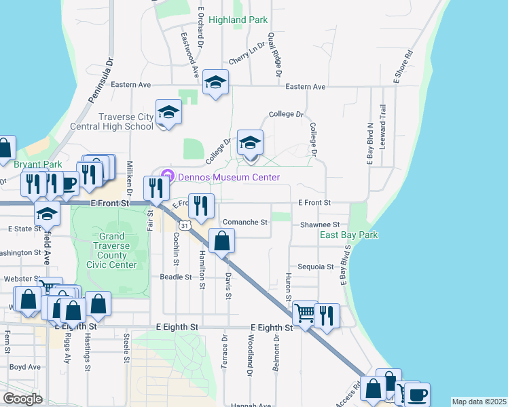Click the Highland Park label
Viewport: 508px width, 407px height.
point(238,20)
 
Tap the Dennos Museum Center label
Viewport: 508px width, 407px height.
point(229,177)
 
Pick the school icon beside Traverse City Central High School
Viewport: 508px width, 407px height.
point(168,113)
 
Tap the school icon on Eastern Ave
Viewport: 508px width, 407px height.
point(216,83)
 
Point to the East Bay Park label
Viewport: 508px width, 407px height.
point(349,235)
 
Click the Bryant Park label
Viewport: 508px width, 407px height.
point(37,164)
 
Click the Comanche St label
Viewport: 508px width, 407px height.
point(246,222)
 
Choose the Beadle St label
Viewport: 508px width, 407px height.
point(175,277)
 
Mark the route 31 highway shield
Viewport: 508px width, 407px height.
point(184,224)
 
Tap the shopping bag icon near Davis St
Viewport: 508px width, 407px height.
point(222,241)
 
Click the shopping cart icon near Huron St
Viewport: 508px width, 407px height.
point(306,314)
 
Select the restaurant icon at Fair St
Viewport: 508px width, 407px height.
point(156,189)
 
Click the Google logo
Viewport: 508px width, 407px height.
point(22,399)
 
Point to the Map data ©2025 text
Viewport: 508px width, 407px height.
point(479,402)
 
